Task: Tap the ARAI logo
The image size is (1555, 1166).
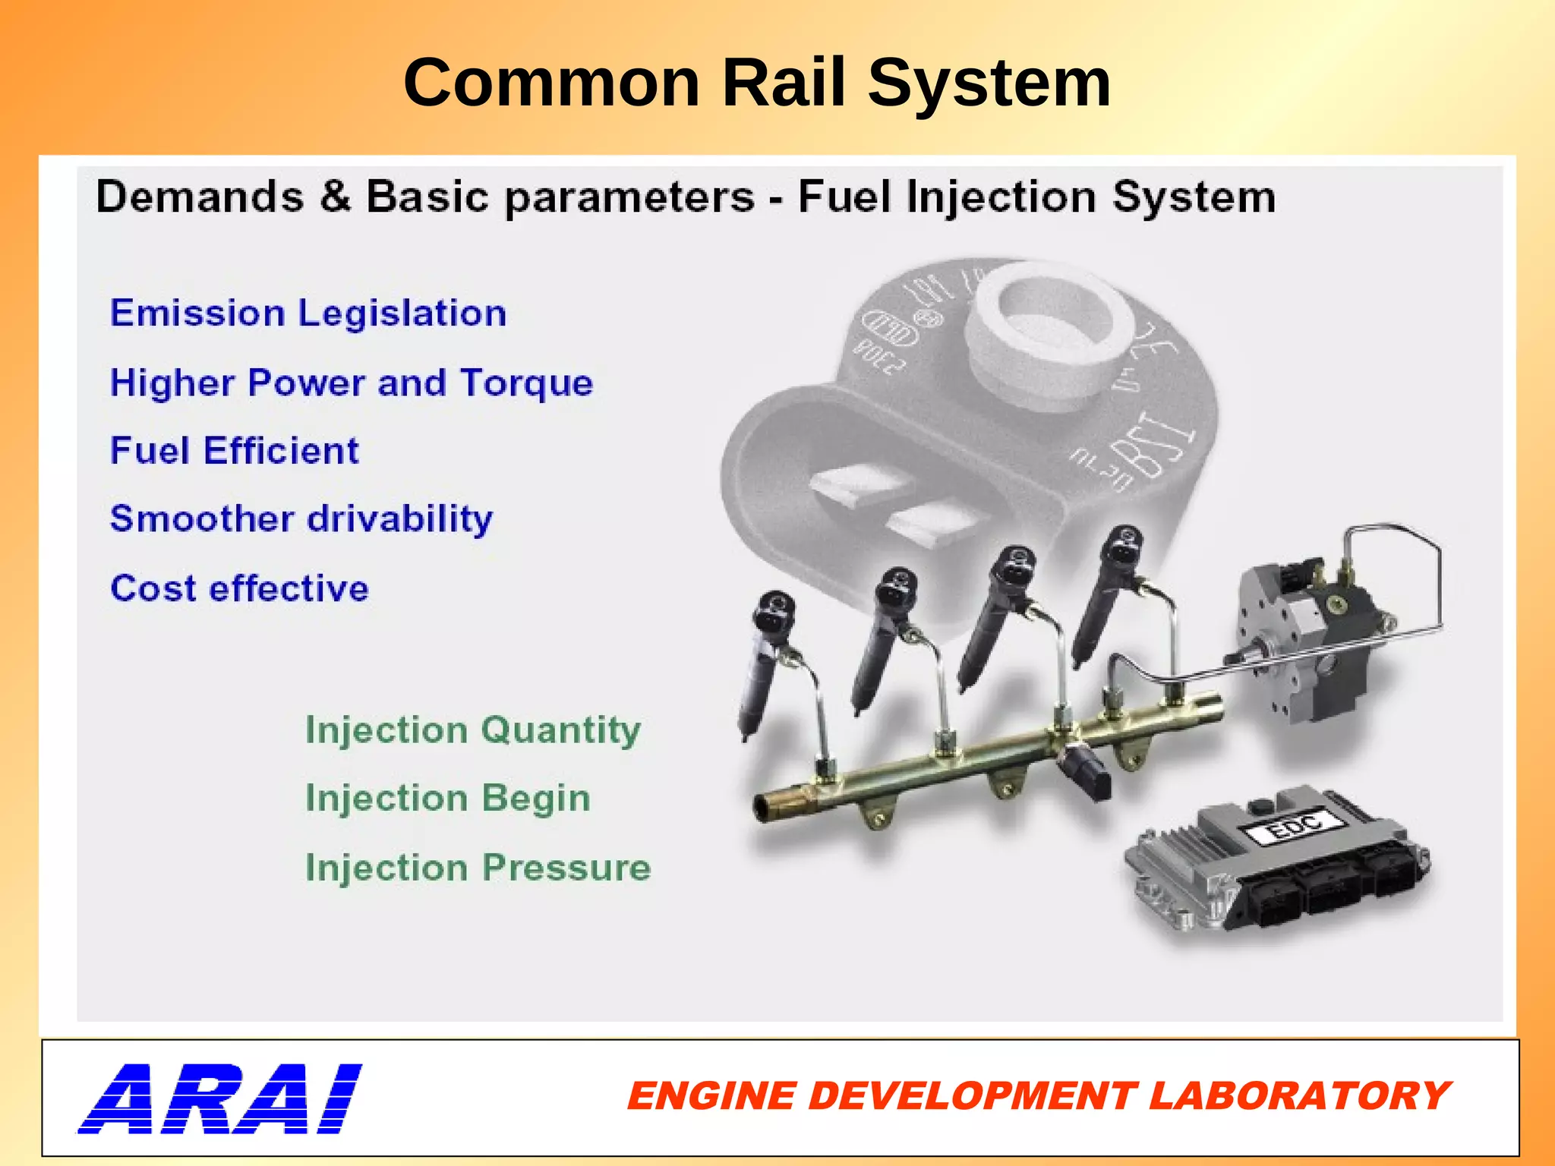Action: [x=220, y=1098]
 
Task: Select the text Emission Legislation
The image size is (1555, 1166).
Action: [x=308, y=313]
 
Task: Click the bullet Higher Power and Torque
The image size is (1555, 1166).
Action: [x=351, y=382]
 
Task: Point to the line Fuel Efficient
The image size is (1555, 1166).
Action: [x=234, y=450]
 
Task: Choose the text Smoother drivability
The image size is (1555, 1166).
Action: [x=301, y=519]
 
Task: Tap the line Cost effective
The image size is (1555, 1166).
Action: [x=239, y=588]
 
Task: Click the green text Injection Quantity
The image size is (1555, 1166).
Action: [x=472, y=730]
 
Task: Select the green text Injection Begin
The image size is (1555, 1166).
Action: [x=447, y=799]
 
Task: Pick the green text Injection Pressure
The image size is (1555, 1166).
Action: [x=478, y=868]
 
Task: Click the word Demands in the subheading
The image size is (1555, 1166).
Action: [x=200, y=197]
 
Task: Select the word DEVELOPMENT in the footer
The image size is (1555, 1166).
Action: [x=972, y=1096]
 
